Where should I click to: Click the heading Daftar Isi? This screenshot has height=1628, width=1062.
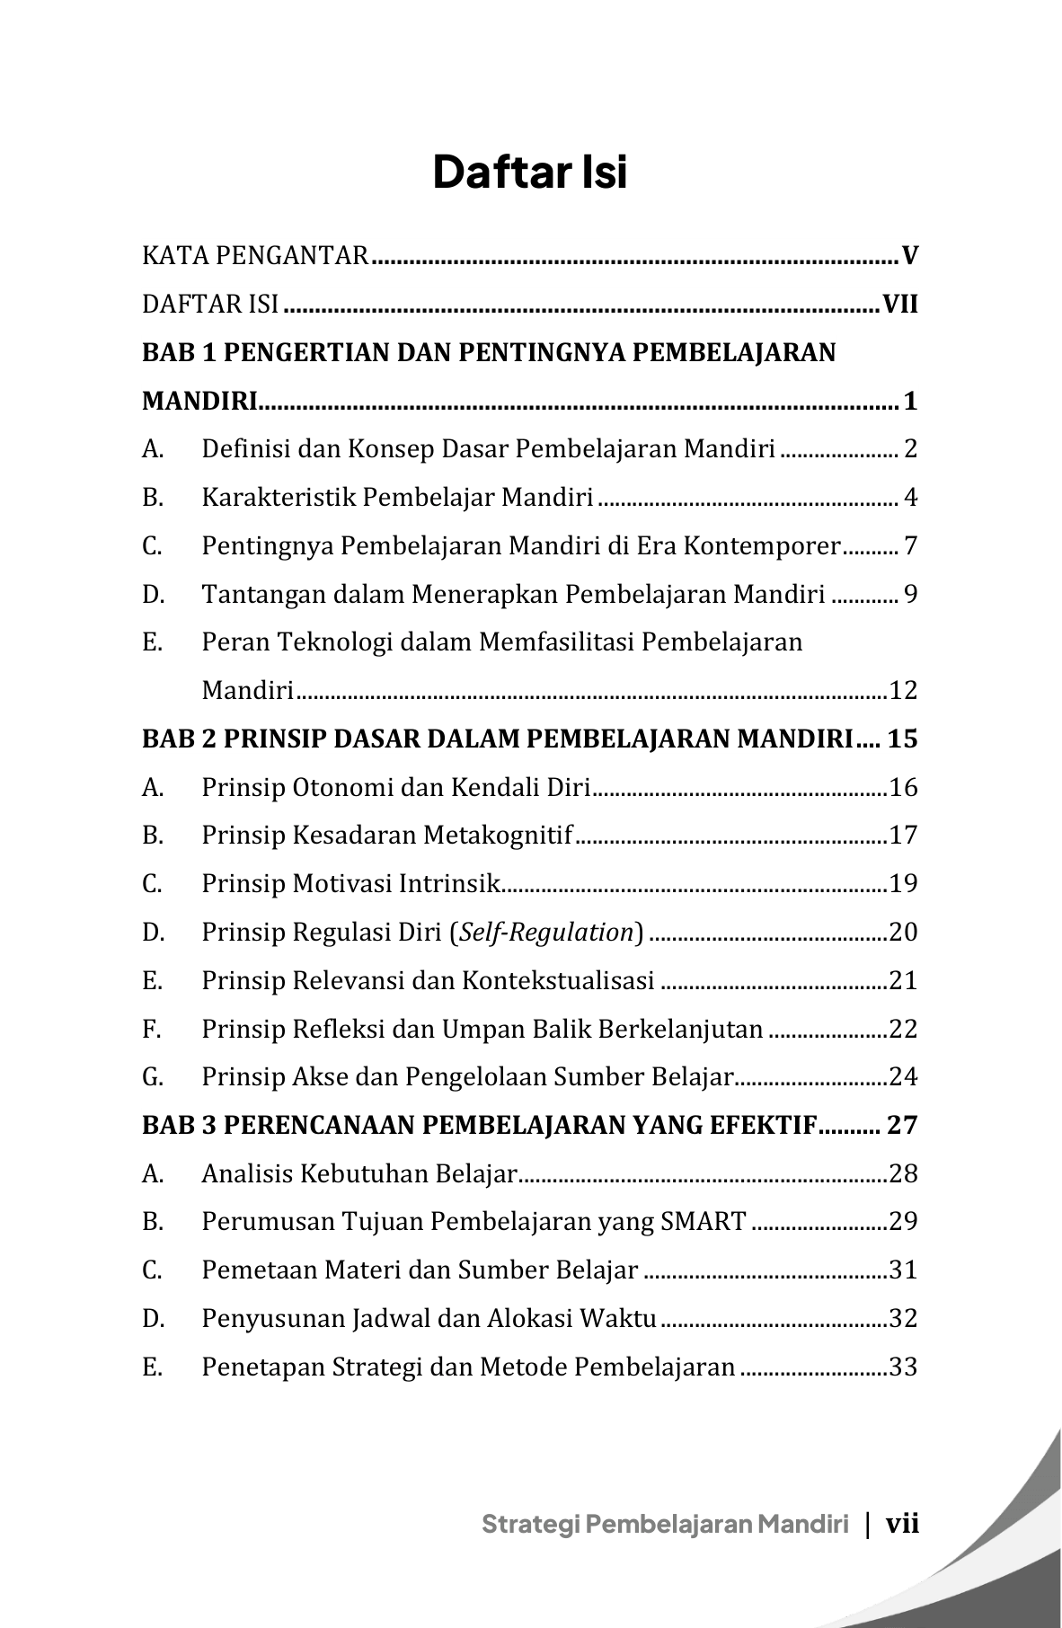530,173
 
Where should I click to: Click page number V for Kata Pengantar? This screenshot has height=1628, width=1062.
910,257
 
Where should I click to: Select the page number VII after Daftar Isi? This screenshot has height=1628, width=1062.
900,305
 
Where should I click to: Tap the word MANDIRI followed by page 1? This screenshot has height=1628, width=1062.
199,401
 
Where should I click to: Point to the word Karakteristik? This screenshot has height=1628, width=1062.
279,497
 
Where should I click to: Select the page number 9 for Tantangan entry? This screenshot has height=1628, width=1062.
910,594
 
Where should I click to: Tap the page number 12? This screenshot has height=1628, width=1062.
903,691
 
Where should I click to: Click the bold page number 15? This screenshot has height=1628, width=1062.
902,739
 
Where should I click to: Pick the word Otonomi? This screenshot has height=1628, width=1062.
342,788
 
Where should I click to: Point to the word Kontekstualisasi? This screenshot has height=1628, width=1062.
558,980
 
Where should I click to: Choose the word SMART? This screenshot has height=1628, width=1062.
703,1222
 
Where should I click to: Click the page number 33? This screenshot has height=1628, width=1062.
903,1367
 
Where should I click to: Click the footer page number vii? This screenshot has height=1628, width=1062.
902,1524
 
